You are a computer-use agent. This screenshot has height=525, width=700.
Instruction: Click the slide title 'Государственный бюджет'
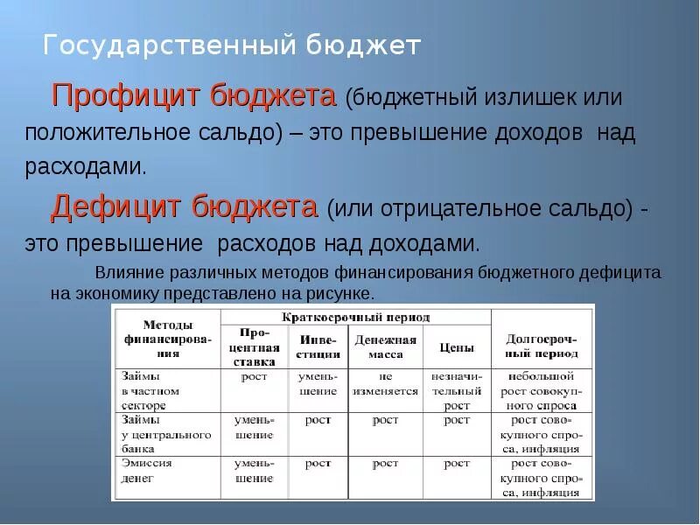point(232,45)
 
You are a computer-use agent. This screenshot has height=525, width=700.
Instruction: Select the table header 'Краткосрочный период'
point(355,317)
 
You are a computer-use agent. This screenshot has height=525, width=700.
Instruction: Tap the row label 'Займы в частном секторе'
point(150,390)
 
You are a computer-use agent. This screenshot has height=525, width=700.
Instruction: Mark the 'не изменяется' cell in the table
point(385,383)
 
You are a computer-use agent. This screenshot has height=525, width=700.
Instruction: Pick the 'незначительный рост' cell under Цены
point(457,390)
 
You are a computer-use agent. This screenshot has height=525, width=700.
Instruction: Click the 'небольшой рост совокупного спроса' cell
point(542,390)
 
